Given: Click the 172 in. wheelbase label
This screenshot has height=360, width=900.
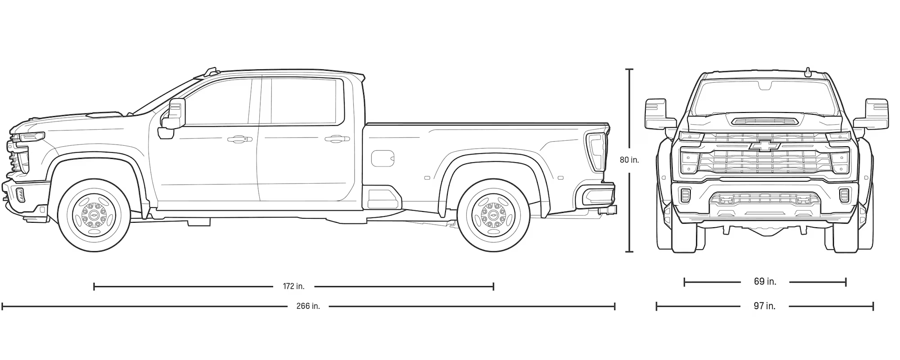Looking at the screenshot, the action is [x=293, y=286].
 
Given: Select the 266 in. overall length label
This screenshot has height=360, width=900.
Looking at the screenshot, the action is [x=308, y=306].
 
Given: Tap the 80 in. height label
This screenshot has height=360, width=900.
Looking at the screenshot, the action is [x=629, y=160].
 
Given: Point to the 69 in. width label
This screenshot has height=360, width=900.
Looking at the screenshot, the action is [x=765, y=282].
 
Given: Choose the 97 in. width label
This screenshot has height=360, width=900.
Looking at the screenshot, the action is [x=765, y=306].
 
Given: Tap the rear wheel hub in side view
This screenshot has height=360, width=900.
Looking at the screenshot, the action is [x=493, y=215].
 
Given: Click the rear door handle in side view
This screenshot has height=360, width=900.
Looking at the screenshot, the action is [x=337, y=139].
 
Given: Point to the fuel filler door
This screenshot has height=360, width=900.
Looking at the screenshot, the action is [x=382, y=158].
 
